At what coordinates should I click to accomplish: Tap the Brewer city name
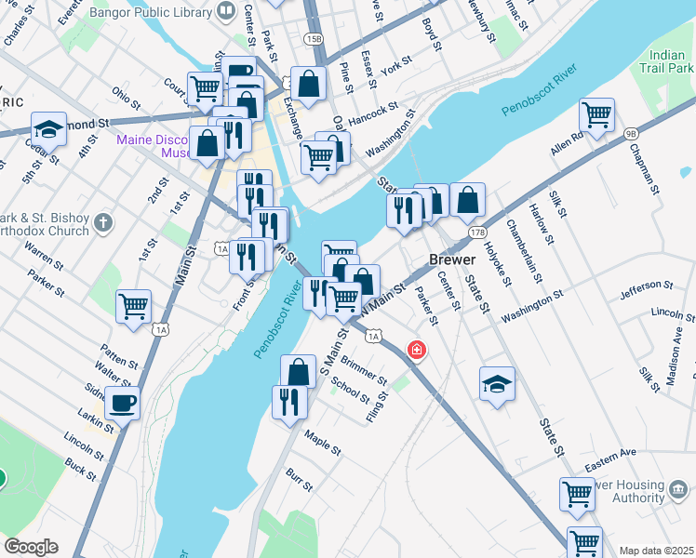coord(452,259)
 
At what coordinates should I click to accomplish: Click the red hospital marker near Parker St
coord(417,350)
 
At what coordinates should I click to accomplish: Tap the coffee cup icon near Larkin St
coord(122,404)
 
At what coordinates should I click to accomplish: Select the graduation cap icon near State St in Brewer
coord(498,383)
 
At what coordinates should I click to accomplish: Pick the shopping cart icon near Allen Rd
coord(596,115)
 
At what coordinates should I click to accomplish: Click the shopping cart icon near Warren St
coord(134,305)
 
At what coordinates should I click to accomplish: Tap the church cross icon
coord(102,223)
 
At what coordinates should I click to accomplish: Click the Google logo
coord(31,547)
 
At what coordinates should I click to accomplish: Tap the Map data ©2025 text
coord(655,551)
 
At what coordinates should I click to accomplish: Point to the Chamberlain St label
coord(525,251)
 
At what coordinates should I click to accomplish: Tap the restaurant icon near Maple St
coord(289,402)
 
